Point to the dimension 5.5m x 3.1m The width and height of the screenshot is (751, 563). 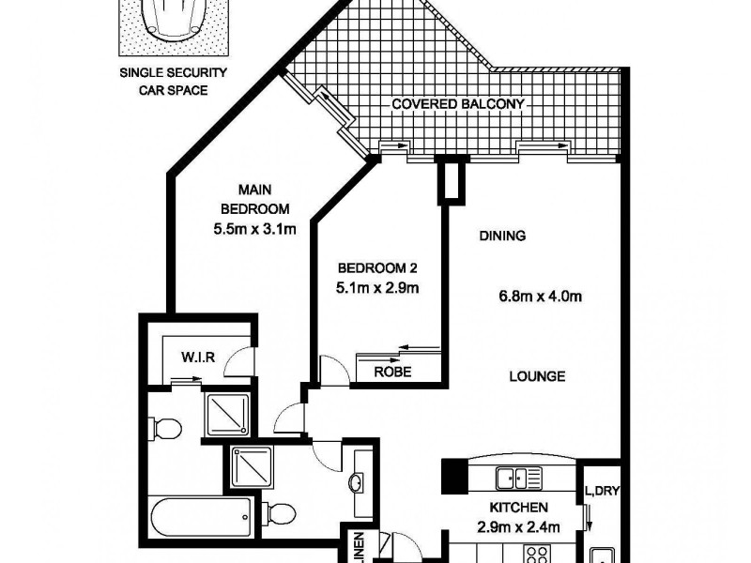pyautogui.click(x=249, y=227)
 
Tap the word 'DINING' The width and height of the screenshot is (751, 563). pyautogui.click(x=501, y=236)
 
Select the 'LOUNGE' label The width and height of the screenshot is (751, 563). pyautogui.click(x=536, y=377)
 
